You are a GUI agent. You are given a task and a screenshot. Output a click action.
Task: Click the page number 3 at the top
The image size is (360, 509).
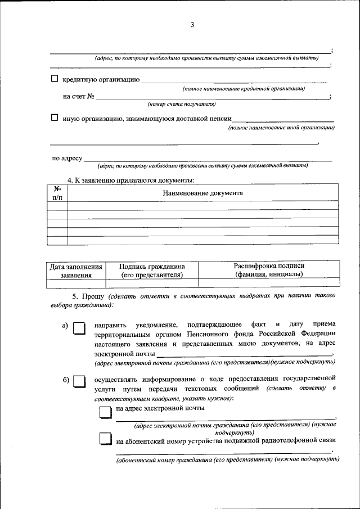click(x=192, y=25)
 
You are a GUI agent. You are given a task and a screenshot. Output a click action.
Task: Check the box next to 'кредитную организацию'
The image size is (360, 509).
click(x=55, y=79)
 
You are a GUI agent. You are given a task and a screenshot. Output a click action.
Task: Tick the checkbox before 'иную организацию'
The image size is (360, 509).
click(x=55, y=118)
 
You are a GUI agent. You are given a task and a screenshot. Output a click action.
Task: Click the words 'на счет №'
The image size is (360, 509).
click(x=78, y=97)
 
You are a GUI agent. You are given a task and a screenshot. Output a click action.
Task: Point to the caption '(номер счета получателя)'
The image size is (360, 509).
click(x=182, y=104)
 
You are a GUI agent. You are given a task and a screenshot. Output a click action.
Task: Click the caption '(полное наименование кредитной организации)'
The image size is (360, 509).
click(x=244, y=89)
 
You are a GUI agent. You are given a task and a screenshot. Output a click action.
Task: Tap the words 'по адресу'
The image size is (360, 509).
click(x=67, y=159)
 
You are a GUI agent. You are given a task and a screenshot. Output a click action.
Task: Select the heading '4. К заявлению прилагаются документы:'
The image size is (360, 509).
click(x=131, y=180)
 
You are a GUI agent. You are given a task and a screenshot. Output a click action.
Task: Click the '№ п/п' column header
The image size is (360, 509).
click(x=57, y=193)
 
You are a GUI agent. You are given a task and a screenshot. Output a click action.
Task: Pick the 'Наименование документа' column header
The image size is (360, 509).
click(x=203, y=193)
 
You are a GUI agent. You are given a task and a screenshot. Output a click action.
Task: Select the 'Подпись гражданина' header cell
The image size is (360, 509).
click(x=152, y=270)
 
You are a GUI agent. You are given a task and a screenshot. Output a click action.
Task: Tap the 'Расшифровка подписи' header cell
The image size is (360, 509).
click(x=269, y=270)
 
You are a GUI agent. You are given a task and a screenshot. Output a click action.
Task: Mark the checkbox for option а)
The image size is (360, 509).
click(x=79, y=328)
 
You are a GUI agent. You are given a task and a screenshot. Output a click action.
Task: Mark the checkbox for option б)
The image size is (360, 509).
click(x=79, y=382)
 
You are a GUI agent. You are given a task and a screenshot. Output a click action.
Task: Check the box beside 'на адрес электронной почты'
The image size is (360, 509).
click(x=106, y=412)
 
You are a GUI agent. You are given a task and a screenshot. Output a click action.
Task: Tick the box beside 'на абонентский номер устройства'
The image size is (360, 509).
click(x=106, y=439)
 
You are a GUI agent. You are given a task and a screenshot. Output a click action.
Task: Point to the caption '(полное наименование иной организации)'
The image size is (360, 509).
click(x=281, y=128)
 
